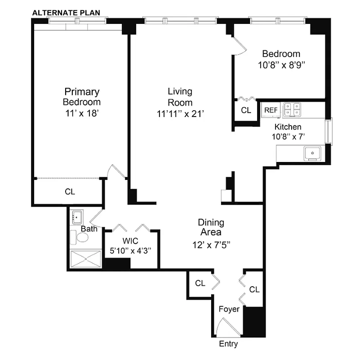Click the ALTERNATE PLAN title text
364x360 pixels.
[x=66, y=13]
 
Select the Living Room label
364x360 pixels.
[x=180, y=97]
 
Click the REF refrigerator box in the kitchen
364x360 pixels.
[x=271, y=110]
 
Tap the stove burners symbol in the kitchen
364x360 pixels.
[x=292, y=109]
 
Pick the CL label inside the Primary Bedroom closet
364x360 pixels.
[x=70, y=192]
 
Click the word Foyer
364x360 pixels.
[x=229, y=310]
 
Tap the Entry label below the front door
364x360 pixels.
[x=228, y=344]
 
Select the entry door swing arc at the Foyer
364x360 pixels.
[x=224, y=327]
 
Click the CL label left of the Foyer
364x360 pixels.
[x=200, y=283]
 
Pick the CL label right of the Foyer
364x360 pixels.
[x=254, y=289]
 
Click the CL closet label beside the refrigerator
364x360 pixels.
[x=246, y=110]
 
